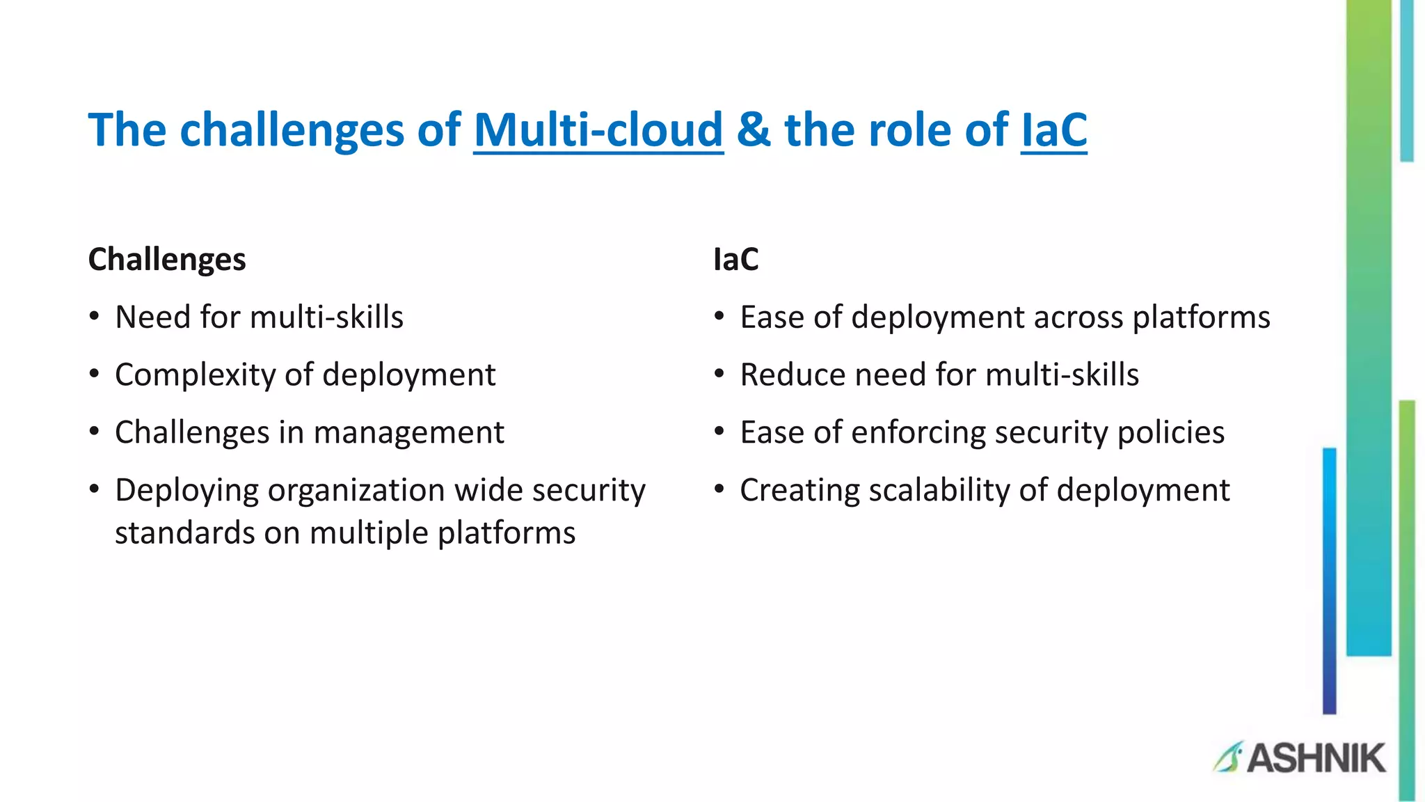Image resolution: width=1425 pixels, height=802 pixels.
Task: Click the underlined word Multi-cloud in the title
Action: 598,129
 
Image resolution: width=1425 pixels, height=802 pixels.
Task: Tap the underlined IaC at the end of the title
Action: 1053,129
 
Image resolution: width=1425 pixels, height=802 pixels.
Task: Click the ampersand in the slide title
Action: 754,129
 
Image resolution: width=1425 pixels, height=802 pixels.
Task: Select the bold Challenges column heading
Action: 167,260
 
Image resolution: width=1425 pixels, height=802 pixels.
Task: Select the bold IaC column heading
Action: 735,260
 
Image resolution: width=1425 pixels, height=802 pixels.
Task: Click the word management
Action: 408,432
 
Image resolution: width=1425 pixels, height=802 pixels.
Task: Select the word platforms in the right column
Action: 1201,317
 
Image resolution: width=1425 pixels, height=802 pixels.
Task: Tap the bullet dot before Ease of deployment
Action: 719,317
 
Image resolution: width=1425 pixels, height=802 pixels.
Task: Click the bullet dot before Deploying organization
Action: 95,489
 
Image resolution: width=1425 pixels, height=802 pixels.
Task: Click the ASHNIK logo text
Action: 1316,758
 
